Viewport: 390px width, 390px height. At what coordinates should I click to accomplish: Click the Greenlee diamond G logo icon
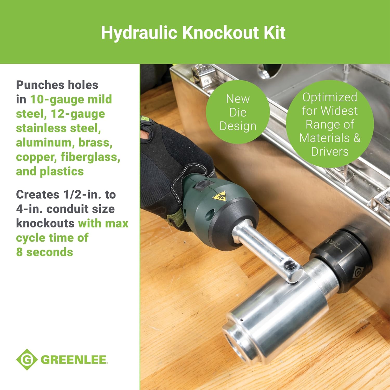coord(27,360)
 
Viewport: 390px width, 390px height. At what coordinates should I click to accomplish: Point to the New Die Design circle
coord(238,112)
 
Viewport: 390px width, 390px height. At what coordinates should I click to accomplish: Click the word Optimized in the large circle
coord(330,97)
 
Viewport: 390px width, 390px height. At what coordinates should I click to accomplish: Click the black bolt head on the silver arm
coord(289,266)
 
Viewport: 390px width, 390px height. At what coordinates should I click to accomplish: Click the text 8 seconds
coord(44,252)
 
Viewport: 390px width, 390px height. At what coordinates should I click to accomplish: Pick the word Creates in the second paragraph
coord(38,194)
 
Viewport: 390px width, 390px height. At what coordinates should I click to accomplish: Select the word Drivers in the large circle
coord(330,152)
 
